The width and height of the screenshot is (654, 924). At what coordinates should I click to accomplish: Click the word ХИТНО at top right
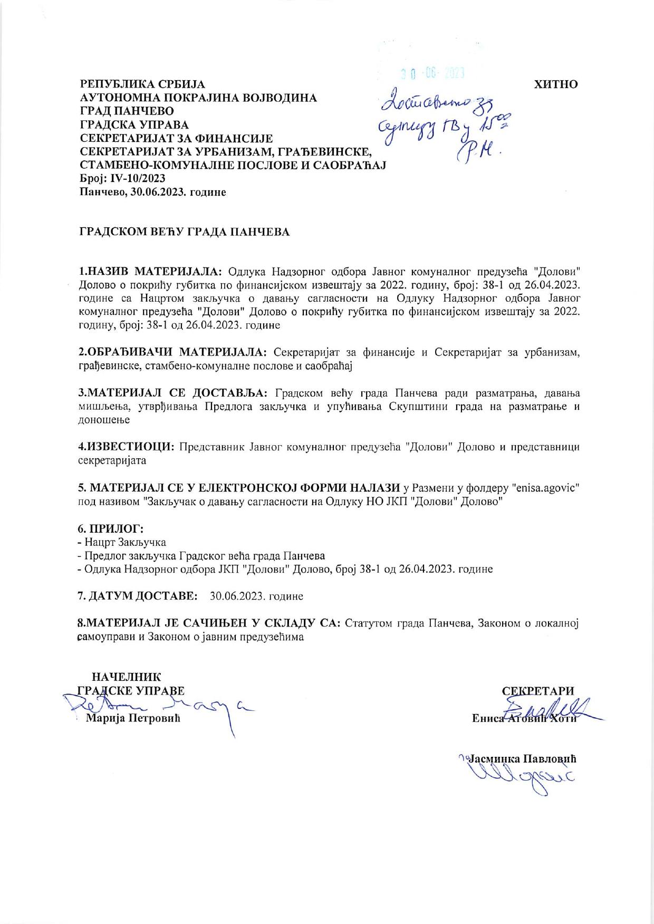[x=556, y=84]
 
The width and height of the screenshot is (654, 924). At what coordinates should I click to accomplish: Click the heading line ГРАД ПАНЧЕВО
[x=127, y=111]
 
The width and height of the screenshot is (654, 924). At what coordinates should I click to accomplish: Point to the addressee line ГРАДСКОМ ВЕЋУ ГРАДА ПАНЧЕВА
[x=184, y=232]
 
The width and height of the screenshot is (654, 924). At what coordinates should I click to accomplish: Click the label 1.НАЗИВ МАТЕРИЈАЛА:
[x=151, y=272]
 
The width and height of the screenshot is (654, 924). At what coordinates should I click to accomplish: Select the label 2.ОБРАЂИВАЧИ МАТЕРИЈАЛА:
[x=173, y=352]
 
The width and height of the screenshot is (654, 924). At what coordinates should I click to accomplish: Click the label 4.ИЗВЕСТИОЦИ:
[x=127, y=447]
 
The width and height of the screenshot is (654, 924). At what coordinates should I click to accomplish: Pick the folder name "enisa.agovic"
[x=546, y=488]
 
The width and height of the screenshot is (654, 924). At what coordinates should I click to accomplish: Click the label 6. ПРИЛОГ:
[x=111, y=528]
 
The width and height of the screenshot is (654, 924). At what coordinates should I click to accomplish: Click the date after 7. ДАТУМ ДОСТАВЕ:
[x=256, y=596]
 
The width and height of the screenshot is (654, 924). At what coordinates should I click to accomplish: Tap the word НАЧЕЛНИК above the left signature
[x=127, y=677]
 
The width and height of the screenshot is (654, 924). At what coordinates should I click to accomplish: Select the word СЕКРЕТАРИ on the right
[x=538, y=691]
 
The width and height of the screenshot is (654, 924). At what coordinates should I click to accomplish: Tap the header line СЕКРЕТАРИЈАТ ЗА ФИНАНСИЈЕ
[x=176, y=139]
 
